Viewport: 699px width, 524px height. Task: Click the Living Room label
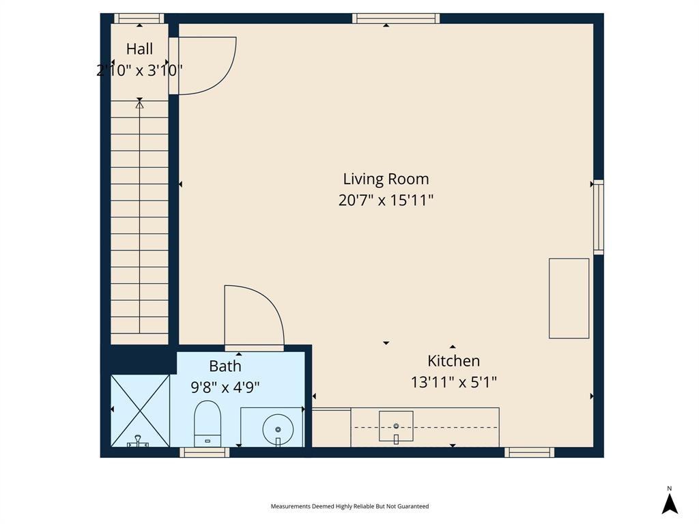[x=386, y=179]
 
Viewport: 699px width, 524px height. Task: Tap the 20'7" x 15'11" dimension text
[x=386, y=201]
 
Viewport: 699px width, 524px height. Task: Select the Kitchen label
[x=453, y=361]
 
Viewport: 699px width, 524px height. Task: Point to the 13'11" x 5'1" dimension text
[x=453, y=382]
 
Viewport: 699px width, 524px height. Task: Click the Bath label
[x=225, y=366]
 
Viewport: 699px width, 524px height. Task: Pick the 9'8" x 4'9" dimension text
[x=225, y=388]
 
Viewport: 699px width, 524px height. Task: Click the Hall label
[x=139, y=49]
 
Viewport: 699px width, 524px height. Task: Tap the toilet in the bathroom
[x=208, y=423]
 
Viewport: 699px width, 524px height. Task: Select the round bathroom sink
[x=278, y=428]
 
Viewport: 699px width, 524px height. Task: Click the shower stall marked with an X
[x=140, y=409]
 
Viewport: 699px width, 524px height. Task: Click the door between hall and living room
[x=205, y=65]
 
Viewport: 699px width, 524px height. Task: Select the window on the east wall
[x=598, y=217]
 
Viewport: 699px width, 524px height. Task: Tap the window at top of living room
[x=396, y=18]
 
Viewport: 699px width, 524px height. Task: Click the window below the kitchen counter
[x=529, y=452]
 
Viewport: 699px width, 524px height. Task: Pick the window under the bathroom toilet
[x=204, y=452]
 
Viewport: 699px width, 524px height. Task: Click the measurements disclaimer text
[x=349, y=506]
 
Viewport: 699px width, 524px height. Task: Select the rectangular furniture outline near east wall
[x=569, y=298]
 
